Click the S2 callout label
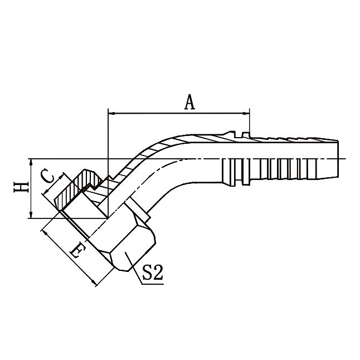point(152,273)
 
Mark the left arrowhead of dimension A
point(110,113)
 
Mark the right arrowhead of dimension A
point(247,113)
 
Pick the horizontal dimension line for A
point(178,113)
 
